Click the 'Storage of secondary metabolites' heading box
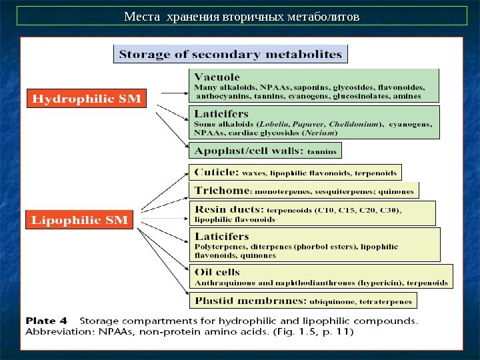(x=231, y=53)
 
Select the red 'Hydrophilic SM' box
(x=87, y=99)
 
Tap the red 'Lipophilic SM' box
(x=80, y=219)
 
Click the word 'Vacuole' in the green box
(x=217, y=77)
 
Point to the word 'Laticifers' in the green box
(x=221, y=114)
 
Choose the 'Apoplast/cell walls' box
(x=265, y=151)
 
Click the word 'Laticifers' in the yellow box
(x=221, y=236)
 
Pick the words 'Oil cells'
(x=217, y=272)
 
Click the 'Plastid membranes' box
(x=303, y=301)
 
